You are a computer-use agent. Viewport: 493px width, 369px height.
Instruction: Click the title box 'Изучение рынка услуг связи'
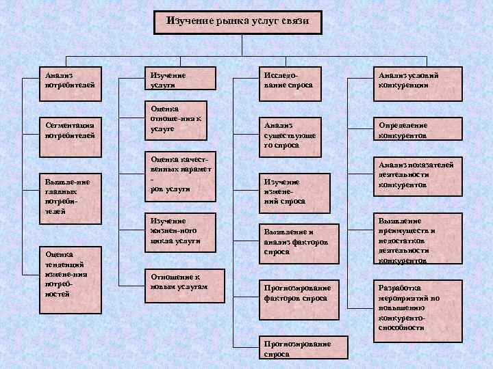[238, 21]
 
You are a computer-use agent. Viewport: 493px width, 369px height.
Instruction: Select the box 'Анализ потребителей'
[71, 81]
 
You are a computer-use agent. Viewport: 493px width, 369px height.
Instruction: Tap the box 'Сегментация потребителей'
[71, 131]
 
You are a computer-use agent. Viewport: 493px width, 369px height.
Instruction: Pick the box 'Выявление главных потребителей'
[71, 197]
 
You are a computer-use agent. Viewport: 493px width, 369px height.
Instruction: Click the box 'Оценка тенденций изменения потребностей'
[71, 274]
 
